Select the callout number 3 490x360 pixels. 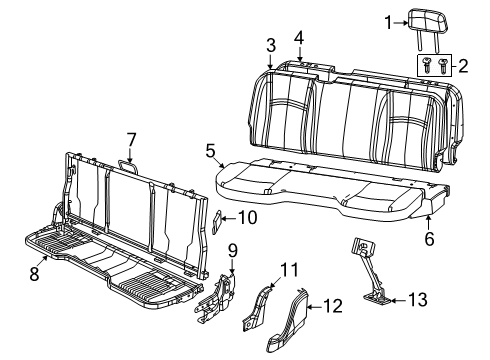click(270, 45)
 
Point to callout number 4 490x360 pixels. click(298, 38)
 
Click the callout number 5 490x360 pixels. click(210, 151)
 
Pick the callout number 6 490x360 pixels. click(431, 240)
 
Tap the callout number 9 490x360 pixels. click(232, 249)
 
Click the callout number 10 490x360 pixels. click(250, 216)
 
